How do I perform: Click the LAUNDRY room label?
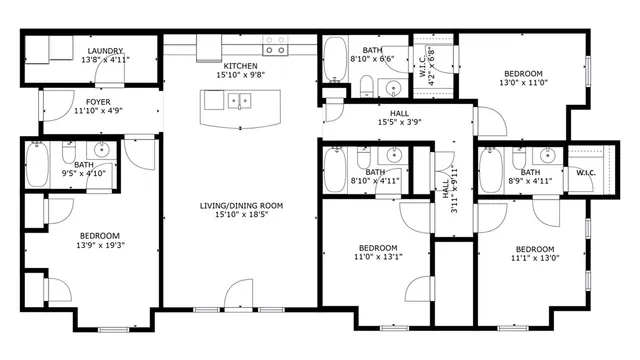104,51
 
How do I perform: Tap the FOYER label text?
98,102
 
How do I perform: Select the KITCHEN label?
241,66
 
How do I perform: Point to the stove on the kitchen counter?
276,46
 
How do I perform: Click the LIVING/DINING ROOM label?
241,206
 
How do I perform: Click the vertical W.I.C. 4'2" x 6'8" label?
431,65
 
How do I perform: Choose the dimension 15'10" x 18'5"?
241,214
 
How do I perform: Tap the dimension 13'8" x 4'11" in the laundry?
104,60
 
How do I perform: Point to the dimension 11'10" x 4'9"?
98,111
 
